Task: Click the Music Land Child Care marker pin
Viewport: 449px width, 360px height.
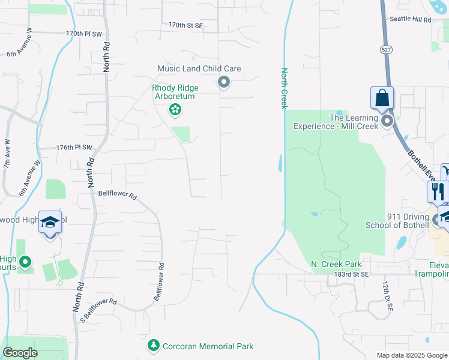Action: [224, 82]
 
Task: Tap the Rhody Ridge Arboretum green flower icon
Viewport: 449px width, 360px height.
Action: [175, 109]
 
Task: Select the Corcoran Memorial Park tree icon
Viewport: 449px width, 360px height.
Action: [154, 346]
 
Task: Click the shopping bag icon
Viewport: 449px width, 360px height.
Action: [382, 97]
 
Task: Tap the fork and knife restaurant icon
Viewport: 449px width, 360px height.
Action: [437, 191]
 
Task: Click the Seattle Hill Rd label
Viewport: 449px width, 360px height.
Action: [411, 20]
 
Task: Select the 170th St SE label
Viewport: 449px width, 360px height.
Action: [185, 25]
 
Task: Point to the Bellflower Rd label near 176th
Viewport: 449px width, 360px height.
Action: [118, 195]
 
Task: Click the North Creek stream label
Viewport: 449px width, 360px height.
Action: [285, 88]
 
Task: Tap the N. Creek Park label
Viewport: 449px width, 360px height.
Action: [336, 264]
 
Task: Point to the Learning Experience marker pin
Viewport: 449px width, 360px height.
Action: [387, 121]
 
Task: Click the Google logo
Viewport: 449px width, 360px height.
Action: [20, 353]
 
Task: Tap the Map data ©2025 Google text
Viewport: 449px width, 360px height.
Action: [411, 355]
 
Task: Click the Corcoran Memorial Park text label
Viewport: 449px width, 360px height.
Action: [208, 346]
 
